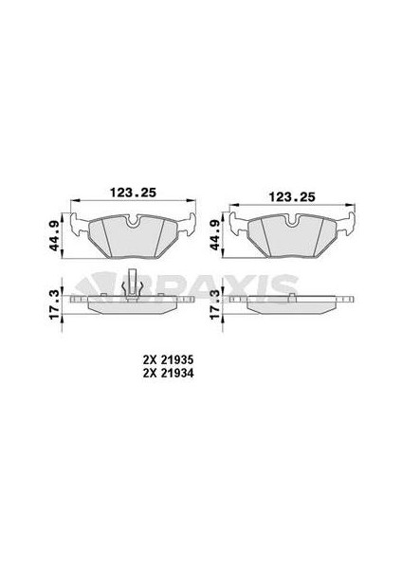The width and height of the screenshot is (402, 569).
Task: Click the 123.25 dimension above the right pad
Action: (x=291, y=196)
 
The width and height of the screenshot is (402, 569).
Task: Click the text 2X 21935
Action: (x=169, y=361)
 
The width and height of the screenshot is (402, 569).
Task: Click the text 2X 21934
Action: (x=169, y=374)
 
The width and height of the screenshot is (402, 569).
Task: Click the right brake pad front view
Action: (x=291, y=236)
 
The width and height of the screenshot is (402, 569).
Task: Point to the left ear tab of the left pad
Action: (x=83, y=226)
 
